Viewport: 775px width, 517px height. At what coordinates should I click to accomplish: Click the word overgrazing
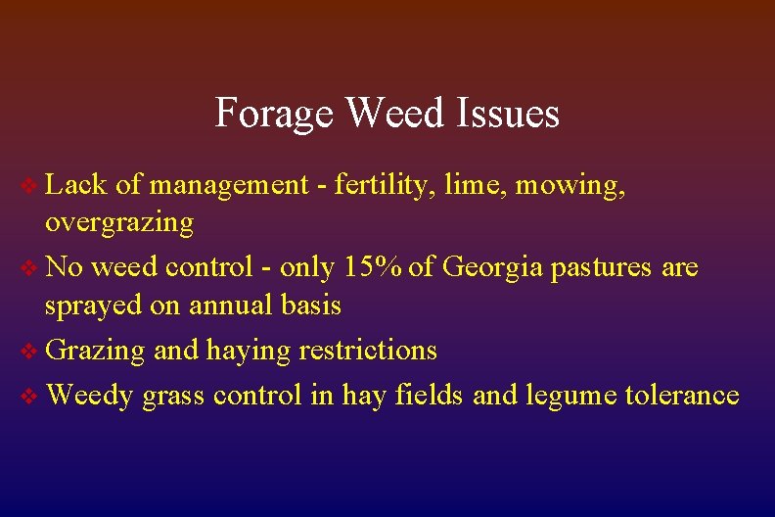(x=119, y=223)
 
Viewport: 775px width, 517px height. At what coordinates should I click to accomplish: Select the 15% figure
(x=371, y=266)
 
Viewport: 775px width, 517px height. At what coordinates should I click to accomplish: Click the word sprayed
(x=93, y=306)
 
